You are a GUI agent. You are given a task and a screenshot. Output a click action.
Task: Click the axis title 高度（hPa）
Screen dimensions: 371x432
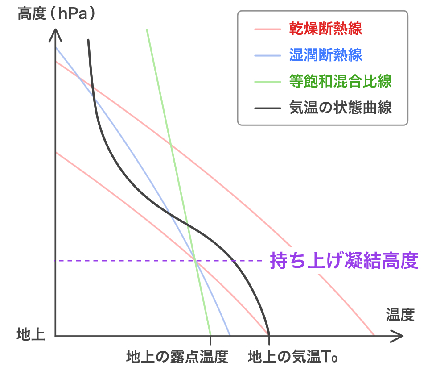[x=57, y=14]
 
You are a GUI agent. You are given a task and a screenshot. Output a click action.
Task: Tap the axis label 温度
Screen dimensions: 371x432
[x=400, y=315]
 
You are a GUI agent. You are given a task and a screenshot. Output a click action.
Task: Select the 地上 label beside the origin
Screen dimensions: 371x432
[x=31, y=334]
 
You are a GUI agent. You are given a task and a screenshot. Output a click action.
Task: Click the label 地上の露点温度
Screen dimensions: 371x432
[x=177, y=357]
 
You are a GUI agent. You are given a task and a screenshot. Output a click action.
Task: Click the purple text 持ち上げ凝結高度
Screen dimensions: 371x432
[x=344, y=261]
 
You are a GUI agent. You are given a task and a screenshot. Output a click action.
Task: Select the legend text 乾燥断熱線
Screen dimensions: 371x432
[x=325, y=29]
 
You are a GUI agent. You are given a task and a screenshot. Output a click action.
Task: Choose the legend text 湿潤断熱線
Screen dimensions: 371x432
[x=325, y=55]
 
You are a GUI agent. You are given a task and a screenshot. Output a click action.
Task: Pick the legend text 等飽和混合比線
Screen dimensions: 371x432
[x=340, y=82]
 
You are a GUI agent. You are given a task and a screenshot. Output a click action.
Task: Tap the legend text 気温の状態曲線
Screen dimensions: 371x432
[x=340, y=108]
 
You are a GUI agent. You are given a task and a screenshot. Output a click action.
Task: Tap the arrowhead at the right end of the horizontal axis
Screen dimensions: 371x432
[x=400, y=336]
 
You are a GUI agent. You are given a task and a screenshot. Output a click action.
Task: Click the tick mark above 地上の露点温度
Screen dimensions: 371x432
[x=210, y=341]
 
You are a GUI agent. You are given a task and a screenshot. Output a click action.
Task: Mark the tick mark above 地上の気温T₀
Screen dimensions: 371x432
[x=269, y=341]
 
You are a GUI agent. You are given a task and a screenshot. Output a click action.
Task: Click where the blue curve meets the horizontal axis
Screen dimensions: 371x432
[x=230, y=335]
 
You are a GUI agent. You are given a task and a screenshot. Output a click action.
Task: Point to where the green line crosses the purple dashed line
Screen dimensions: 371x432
[x=195, y=260]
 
